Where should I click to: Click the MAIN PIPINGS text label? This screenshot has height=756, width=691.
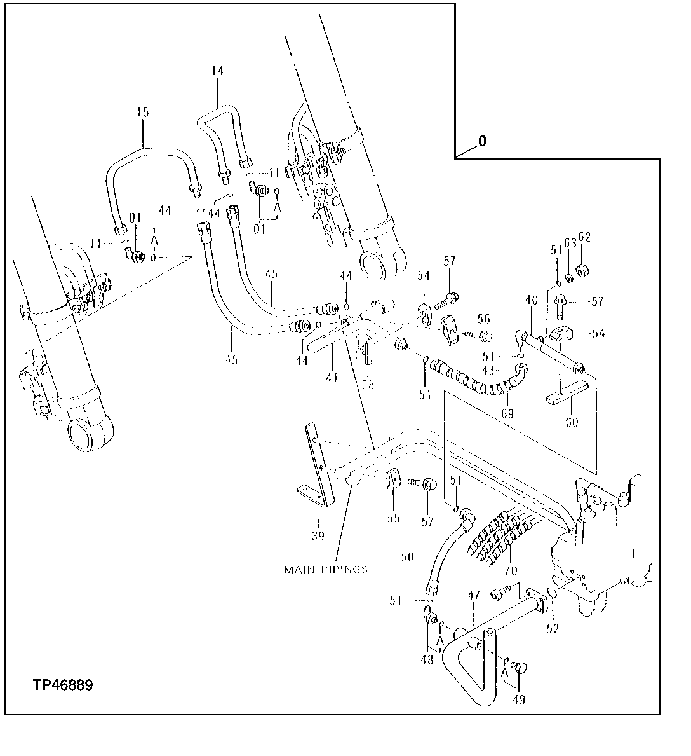coord(325,569)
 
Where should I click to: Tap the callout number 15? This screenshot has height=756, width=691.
coord(143,113)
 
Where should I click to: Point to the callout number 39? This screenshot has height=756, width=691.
coord(318,535)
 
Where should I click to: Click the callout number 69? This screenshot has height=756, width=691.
coord(507,413)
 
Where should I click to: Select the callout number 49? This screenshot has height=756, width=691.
coord(520,701)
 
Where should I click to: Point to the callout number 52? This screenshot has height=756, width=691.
coord(553,629)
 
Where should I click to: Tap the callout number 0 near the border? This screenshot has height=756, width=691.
coord(482,141)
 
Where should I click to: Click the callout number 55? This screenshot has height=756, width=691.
coord(394,518)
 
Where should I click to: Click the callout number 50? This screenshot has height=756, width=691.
coord(407,556)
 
